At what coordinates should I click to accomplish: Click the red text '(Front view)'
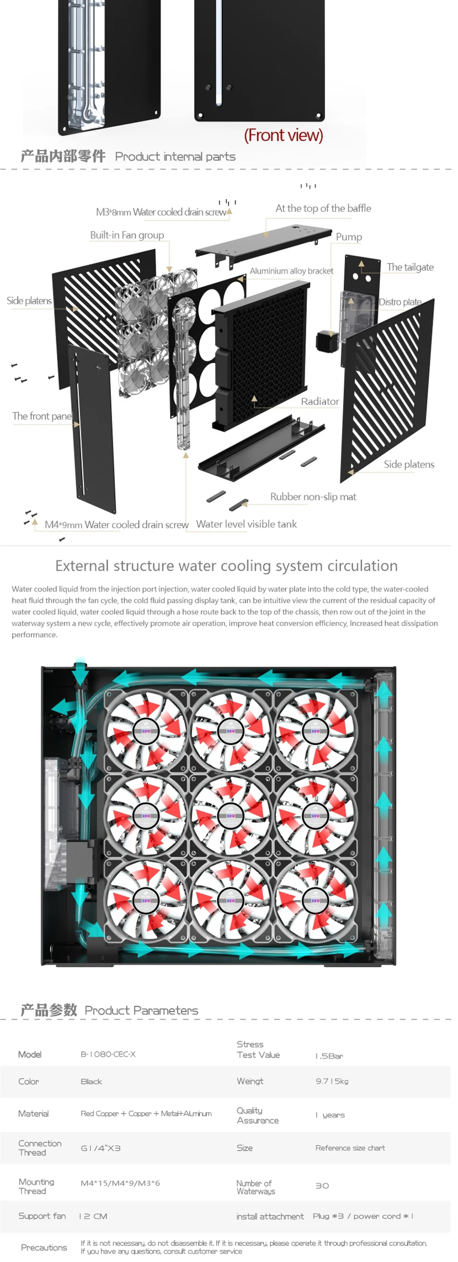(283, 135)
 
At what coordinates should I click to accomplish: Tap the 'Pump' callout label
(349, 237)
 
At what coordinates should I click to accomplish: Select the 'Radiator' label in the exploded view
(320, 402)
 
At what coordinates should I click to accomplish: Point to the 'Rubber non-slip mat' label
(313, 497)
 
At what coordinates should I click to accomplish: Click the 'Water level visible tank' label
(246, 524)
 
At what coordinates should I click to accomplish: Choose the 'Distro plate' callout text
(400, 302)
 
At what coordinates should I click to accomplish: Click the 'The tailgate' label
(410, 267)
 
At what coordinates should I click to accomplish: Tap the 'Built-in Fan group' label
(127, 235)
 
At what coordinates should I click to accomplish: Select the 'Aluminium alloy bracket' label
(291, 271)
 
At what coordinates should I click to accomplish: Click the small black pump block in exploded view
(326, 341)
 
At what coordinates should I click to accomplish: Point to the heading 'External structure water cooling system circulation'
(226, 566)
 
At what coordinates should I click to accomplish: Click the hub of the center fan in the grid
(231, 816)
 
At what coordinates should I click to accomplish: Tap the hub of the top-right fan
(315, 731)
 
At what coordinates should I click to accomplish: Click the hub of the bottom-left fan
(146, 900)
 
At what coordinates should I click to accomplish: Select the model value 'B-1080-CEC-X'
(108, 1054)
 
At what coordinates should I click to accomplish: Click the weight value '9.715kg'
(332, 1081)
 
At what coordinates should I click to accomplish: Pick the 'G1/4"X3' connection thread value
(100, 1148)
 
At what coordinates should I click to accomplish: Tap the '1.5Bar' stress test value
(329, 1056)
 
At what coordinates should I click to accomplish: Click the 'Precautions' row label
(44, 1247)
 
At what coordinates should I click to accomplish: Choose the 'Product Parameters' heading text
(141, 1010)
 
